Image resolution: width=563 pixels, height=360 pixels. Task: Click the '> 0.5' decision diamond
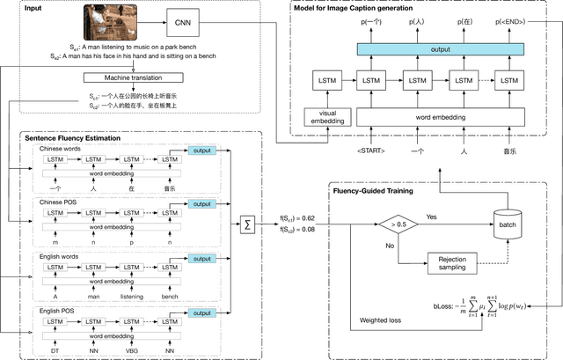click(398, 226)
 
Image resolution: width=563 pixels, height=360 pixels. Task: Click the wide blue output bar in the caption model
click(433, 49)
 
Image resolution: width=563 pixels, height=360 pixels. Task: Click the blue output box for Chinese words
click(201, 151)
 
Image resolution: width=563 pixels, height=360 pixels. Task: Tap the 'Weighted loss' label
click(374, 321)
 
